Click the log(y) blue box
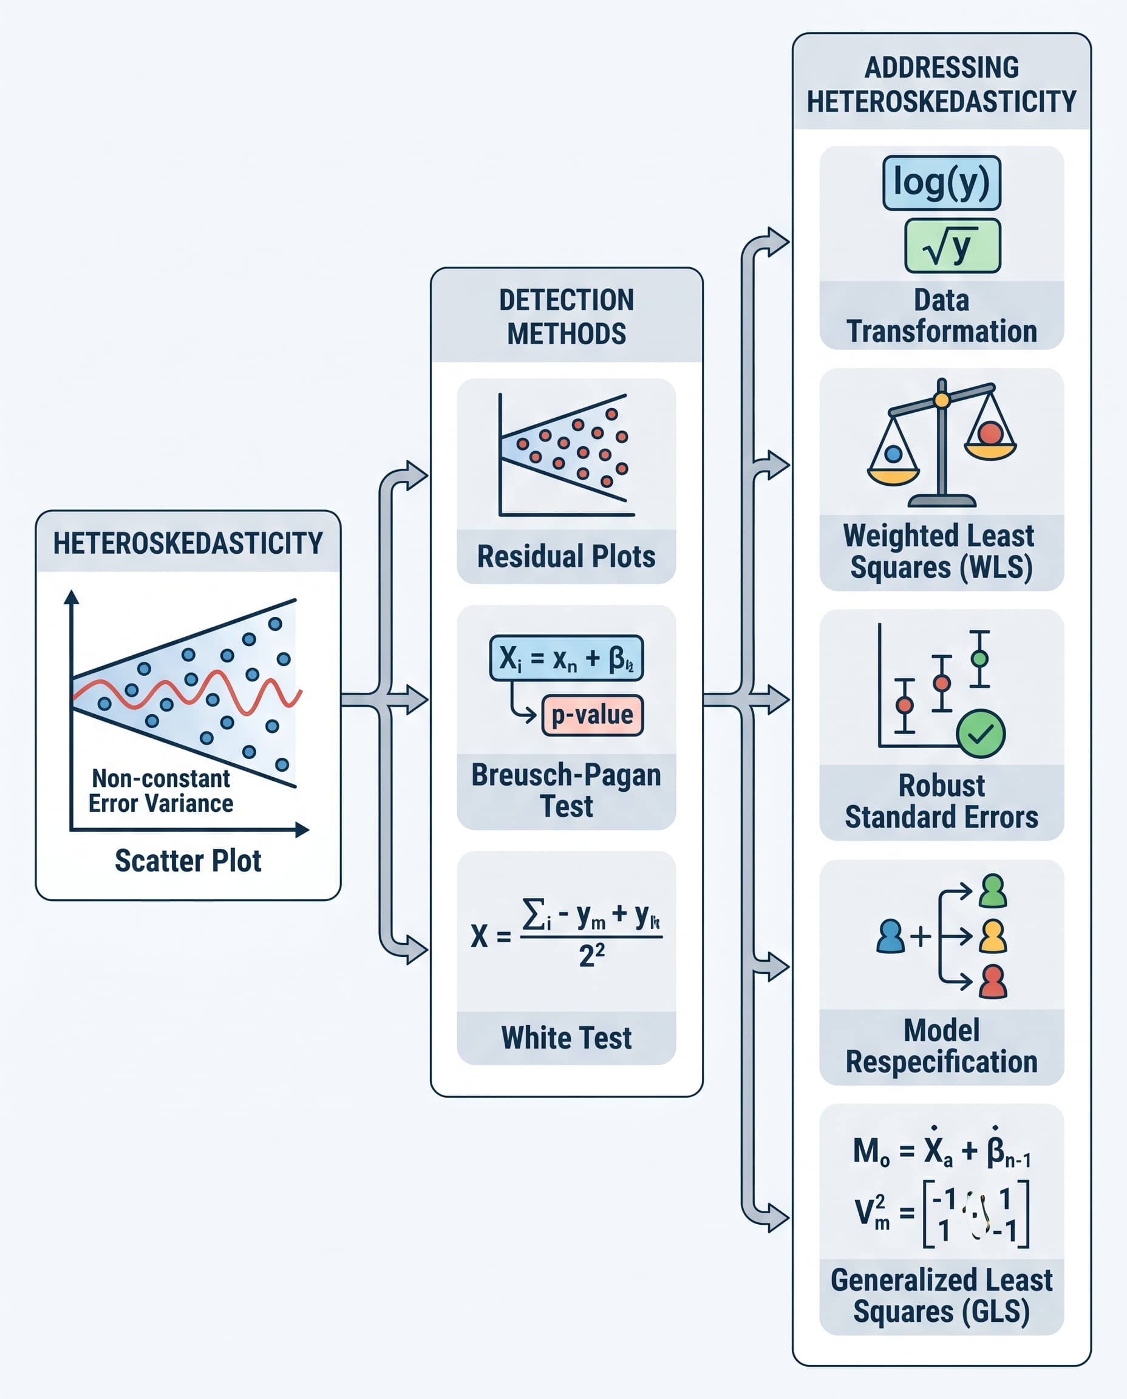[941, 182]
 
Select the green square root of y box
[952, 246]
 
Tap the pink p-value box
[592, 715]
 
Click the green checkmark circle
[980, 734]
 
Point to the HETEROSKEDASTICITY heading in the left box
[188, 543]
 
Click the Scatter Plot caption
[188, 861]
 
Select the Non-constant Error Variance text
[160, 791]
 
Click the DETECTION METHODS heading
[566, 317]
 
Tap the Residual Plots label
[566, 556]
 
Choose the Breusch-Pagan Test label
[566, 790]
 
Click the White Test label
[566, 1037]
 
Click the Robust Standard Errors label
[941, 801]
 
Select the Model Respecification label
[941, 1046]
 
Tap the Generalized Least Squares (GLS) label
[941, 1295]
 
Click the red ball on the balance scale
[990, 433]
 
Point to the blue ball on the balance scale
[893, 454]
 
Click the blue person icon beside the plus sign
[890, 936]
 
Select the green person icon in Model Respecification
[993, 891]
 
